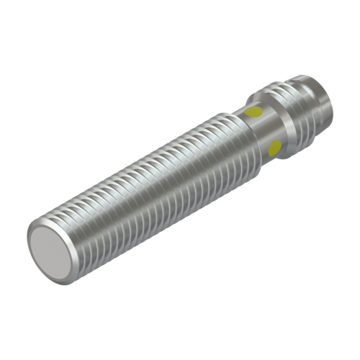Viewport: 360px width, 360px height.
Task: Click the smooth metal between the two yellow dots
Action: [264, 130]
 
